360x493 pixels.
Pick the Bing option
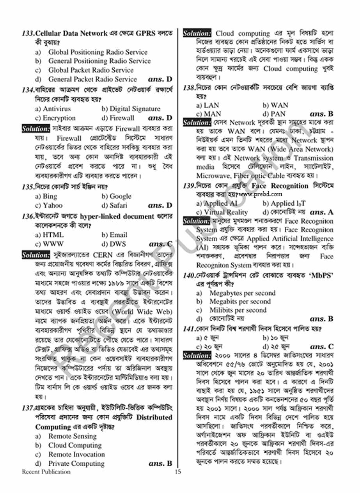[x=46, y=196]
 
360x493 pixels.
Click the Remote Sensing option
[x=72, y=436]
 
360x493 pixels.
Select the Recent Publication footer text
[x=46, y=472]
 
